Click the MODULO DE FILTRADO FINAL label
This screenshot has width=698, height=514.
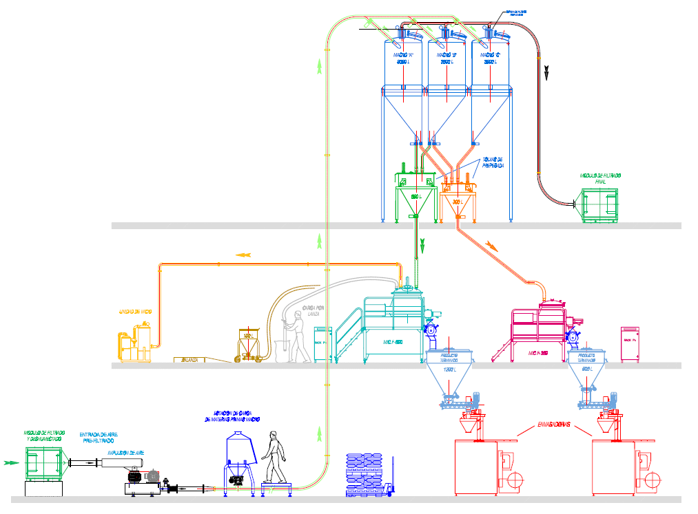click(600, 179)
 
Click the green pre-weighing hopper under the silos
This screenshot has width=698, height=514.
click(415, 200)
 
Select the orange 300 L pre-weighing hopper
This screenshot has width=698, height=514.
click(458, 200)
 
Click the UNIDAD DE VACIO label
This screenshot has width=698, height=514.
click(135, 312)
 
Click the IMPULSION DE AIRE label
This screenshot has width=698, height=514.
click(125, 453)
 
